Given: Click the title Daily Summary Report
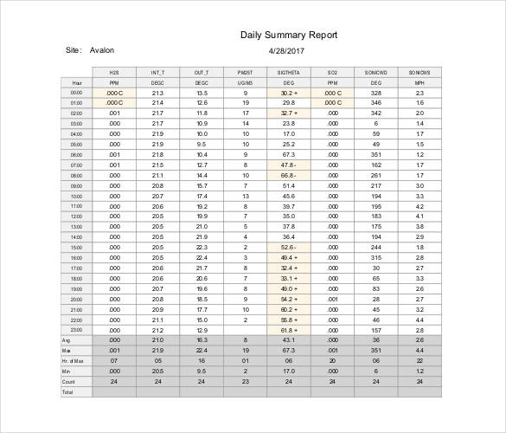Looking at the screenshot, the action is pos(288,36).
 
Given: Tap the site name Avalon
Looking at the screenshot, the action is pos(102,50).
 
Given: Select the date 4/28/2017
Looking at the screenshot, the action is pos(288,50).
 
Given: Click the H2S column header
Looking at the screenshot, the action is pos(113,72).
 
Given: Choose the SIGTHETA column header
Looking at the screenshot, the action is pos(288,72).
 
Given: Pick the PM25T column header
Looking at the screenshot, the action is pos(245,72).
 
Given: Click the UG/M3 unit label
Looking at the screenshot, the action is pos(245,82).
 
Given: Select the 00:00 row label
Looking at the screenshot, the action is pos(76,93).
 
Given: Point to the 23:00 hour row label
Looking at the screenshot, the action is pos(76,330).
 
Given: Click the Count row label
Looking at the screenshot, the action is pos(68,381).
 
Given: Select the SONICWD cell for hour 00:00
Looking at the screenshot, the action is pos(375,93).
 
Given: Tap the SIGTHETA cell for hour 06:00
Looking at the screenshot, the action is pos(288,155).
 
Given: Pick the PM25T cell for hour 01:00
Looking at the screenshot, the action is pos(245,103).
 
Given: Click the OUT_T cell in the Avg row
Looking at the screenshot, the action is pos(202,340).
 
